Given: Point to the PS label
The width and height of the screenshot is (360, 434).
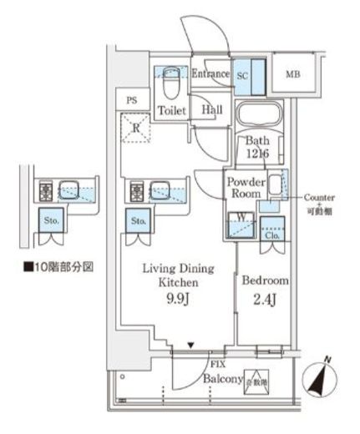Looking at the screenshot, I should pyautogui.click(x=131, y=98).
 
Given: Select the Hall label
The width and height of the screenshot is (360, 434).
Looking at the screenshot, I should pyautogui.click(x=210, y=108).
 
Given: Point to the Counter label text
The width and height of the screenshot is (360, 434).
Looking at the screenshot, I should pyautogui.click(x=319, y=197).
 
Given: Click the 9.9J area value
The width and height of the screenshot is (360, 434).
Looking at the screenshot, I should pyautogui.click(x=177, y=298).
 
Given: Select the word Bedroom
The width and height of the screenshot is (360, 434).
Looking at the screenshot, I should pyautogui.click(x=266, y=281).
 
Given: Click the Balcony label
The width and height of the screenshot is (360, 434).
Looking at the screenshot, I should pyautogui.click(x=221, y=377).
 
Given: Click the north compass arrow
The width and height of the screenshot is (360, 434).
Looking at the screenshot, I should pyautogui.click(x=322, y=376).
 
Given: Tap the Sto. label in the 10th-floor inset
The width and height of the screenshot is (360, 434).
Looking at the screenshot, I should pyautogui.click(x=52, y=221).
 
